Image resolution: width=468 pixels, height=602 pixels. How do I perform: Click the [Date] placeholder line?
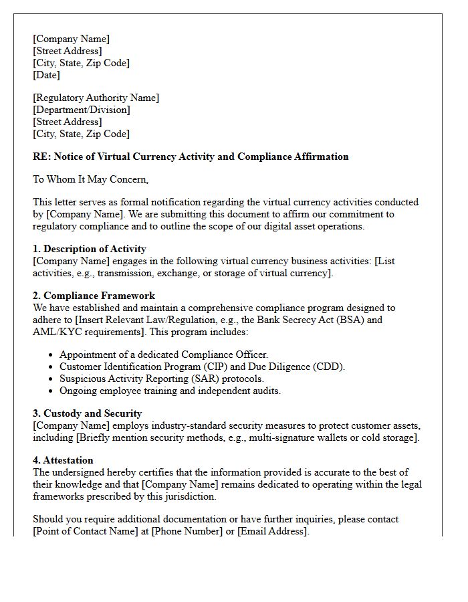click(46, 75)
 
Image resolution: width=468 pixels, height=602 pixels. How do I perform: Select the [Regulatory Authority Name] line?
click(96, 98)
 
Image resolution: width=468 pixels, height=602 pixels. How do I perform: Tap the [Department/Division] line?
click(82, 110)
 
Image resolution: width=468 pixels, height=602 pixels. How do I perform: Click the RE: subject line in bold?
click(191, 157)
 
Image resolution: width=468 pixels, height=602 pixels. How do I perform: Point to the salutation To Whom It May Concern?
click(90, 179)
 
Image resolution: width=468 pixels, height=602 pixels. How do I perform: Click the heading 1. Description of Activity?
click(90, 249)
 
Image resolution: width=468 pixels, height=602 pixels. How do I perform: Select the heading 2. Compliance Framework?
click(94, 296)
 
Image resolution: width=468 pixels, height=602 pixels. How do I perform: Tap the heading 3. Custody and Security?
click(87, 413)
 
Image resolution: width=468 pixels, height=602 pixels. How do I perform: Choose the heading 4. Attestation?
click(63, 460)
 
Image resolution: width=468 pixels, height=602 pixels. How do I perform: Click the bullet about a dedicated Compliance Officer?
click(164, 355)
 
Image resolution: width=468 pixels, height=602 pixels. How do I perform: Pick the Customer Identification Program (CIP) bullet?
click(202, 367)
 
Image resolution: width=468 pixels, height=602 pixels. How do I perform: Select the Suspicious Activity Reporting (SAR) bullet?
click(161, 379)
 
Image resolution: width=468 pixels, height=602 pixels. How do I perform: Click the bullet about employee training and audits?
click(170, 391)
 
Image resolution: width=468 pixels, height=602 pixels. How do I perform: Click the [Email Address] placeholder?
click(273, 531)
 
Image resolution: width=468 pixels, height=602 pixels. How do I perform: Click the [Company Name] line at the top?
click(71, 39)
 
